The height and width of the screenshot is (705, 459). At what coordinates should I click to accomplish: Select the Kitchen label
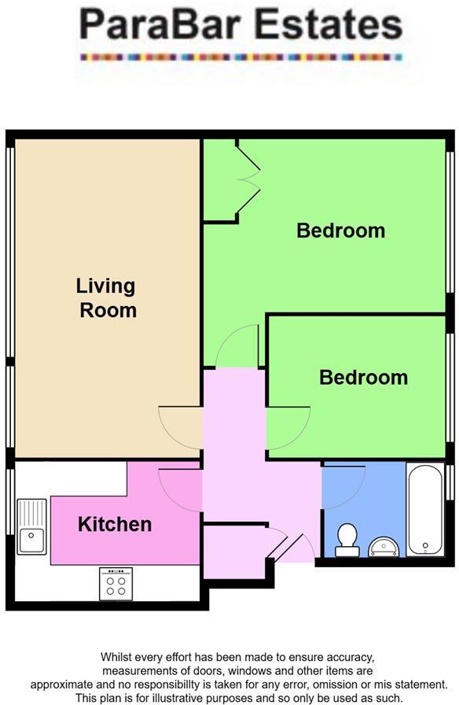coord(115,524)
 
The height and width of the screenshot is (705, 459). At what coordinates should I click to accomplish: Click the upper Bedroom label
coord(340,231)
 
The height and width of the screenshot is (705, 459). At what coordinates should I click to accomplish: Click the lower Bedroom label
coord(363,377)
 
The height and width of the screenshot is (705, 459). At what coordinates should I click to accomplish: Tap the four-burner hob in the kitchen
coord(116,583)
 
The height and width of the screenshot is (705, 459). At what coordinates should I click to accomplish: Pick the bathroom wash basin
coord(384,544)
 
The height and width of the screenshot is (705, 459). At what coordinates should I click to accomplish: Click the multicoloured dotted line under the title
coord(241,57)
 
